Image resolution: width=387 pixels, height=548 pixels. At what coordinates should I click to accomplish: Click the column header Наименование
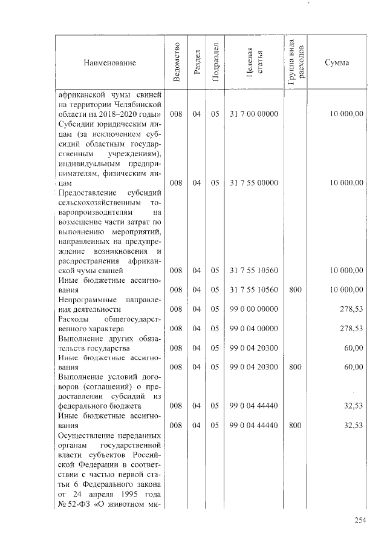tap(110, 63)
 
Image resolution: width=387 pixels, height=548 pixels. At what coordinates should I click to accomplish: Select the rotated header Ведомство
tap(177, 62)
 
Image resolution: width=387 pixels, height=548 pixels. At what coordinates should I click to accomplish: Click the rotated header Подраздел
tap(215, 62)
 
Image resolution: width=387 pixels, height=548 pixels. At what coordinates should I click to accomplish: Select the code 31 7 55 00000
tap(254, 182)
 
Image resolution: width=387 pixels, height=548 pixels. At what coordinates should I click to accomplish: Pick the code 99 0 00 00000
tap(254, 309)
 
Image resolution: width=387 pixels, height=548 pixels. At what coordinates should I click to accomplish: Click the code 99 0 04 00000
tap(254, 328)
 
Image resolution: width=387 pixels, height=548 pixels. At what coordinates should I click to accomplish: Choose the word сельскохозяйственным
tap(99, 202)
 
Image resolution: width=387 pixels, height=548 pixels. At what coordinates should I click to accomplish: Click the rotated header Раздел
tap(197, 62)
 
